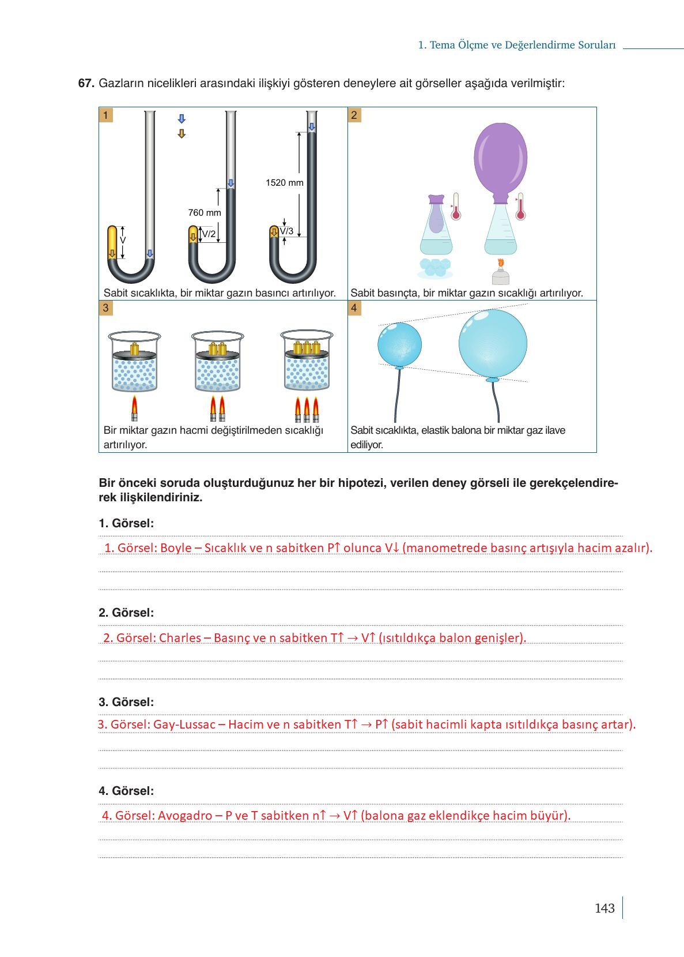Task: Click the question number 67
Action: click(x=86, y=83)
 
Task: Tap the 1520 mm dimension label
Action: click(x=284, y=183)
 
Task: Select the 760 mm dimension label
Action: click(x=205, y=213)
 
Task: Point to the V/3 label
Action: click(x=287, y=231)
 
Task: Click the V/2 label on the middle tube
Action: click(x=209, y=234)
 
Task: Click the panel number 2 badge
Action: click(x=354, y=115)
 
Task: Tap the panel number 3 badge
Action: click(x=105, y=308)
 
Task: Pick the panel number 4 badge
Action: click(x=354, y=308)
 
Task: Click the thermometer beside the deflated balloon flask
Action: click(x=456, y=207)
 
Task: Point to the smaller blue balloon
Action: click(x=399, y=344)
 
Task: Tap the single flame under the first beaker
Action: click(x=135, y=407)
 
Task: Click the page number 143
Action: click(x=604, y=909)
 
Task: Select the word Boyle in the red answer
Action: click(x=176, y=548)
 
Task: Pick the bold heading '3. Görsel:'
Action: click(x=126, y=702)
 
